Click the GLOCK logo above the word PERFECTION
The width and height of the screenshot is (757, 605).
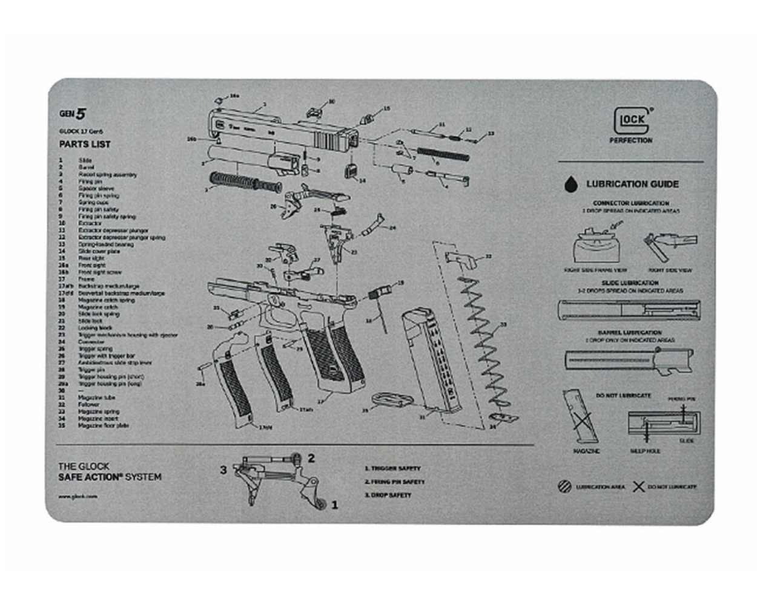(632, 120)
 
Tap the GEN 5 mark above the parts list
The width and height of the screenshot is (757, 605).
(73, 113)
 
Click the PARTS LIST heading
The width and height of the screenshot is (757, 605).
(85, 144)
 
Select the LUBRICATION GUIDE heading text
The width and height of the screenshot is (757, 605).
(632, 184)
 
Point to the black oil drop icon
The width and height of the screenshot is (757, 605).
(570, 184)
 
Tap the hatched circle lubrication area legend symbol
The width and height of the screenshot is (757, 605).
(564, 486)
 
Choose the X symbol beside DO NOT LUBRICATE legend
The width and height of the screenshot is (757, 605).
(638, 486)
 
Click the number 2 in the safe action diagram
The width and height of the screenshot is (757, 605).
(311, 458)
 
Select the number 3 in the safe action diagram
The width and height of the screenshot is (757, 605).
(223, 470)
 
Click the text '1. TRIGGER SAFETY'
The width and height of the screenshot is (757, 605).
(392, 468)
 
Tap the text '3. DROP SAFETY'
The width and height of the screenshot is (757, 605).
(388, 495)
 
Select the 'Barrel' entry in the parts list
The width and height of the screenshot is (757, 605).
(86, 167)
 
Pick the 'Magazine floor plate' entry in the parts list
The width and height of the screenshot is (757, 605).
(103, 425)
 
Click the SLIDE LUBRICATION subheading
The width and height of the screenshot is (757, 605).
(630, 283)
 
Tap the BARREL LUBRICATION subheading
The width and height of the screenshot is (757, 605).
(630, 332)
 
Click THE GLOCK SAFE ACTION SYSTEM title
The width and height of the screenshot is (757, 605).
(110, 472)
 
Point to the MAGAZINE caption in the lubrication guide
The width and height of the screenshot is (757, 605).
(586, 451)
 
